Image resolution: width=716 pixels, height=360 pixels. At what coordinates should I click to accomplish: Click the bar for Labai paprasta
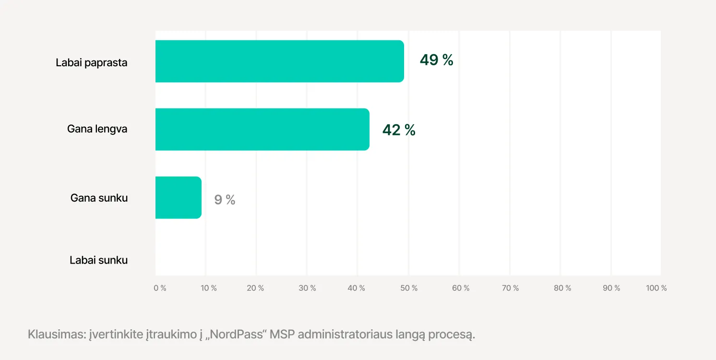[x=279, y=61]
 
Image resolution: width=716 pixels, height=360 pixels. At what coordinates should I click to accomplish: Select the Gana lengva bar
[x=262, y=129]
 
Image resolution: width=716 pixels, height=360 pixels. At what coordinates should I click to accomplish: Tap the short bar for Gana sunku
[x=178, y=197]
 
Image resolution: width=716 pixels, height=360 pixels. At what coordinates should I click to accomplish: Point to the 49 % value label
[x=436, y=60]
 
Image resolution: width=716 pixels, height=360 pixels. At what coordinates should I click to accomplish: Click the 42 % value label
[x=399, y=130]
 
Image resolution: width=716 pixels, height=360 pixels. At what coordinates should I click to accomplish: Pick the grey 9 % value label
[x=225, y=200]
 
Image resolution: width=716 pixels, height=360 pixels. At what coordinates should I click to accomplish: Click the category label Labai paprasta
[x=92, y=62]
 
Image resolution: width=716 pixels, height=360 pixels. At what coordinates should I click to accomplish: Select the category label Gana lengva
[x=97, y=129]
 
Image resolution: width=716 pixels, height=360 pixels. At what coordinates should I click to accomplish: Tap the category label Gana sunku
[x=99, y=198]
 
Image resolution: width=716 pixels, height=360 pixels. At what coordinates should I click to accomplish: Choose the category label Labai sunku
[x=98, y=260]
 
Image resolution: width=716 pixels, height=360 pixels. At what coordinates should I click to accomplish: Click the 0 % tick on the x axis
[x=160, y=288]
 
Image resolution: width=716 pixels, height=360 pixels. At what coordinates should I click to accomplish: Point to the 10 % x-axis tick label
[x=209, y=288]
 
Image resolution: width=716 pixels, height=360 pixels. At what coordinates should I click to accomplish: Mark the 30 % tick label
[x=307, y=288]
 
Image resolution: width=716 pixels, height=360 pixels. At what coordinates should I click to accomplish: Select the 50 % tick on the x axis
[x=409, y=288]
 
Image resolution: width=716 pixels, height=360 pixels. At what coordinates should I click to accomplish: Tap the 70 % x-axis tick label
[x=510, y=288]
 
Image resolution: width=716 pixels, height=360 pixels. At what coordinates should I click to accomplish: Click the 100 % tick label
[x=656, y=288]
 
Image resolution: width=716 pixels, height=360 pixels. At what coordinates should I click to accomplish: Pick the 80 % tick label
[x=562, y=288]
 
